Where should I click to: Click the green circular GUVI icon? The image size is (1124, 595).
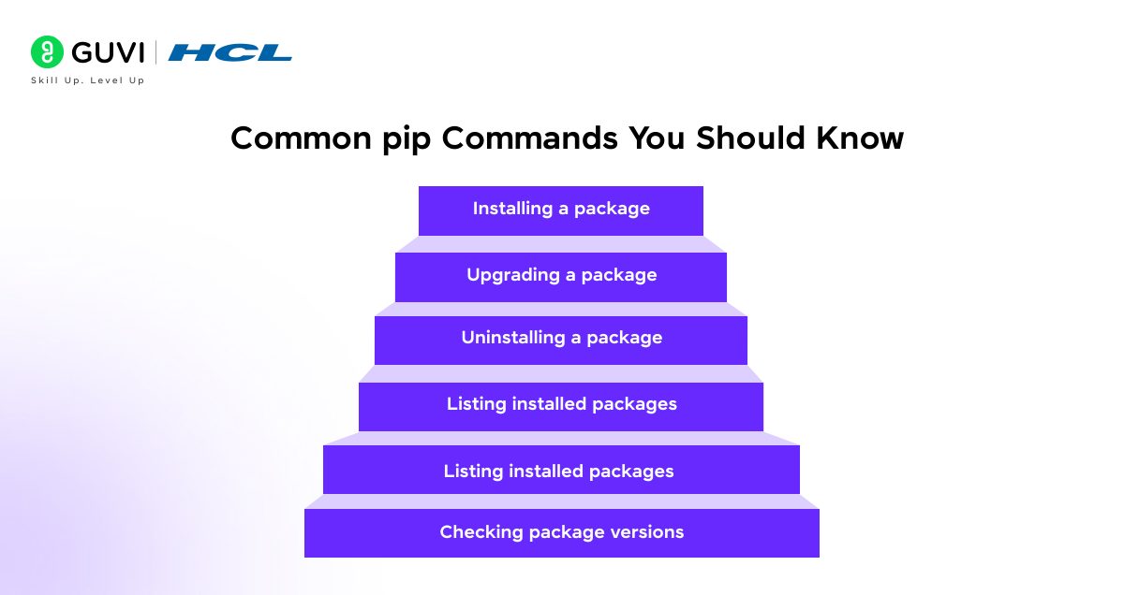[47, 51]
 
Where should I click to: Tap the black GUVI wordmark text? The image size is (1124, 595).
[108, 52]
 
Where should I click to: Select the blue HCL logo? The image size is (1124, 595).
[229, 52]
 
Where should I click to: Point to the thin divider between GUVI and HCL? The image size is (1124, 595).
[155, 52]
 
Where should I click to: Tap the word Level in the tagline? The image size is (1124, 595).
[107, 80]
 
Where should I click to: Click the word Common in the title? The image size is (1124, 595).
[301, 138]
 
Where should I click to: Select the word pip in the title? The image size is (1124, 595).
[407, 139]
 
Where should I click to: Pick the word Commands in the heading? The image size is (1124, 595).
[529, 138]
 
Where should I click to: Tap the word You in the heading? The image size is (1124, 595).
[657, 138]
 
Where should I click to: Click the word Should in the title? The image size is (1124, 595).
[750, 138]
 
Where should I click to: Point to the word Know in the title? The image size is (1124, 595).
[860, 138]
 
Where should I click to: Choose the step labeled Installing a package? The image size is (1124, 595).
[561, 210]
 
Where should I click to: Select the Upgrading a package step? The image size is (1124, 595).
[561, 277]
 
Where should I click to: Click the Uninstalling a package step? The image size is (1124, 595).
[561, 341]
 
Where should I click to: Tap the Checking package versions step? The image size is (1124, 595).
[562, 533]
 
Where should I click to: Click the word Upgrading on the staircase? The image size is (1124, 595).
[513, 276]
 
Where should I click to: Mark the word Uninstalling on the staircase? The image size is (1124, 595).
[513, 339]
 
